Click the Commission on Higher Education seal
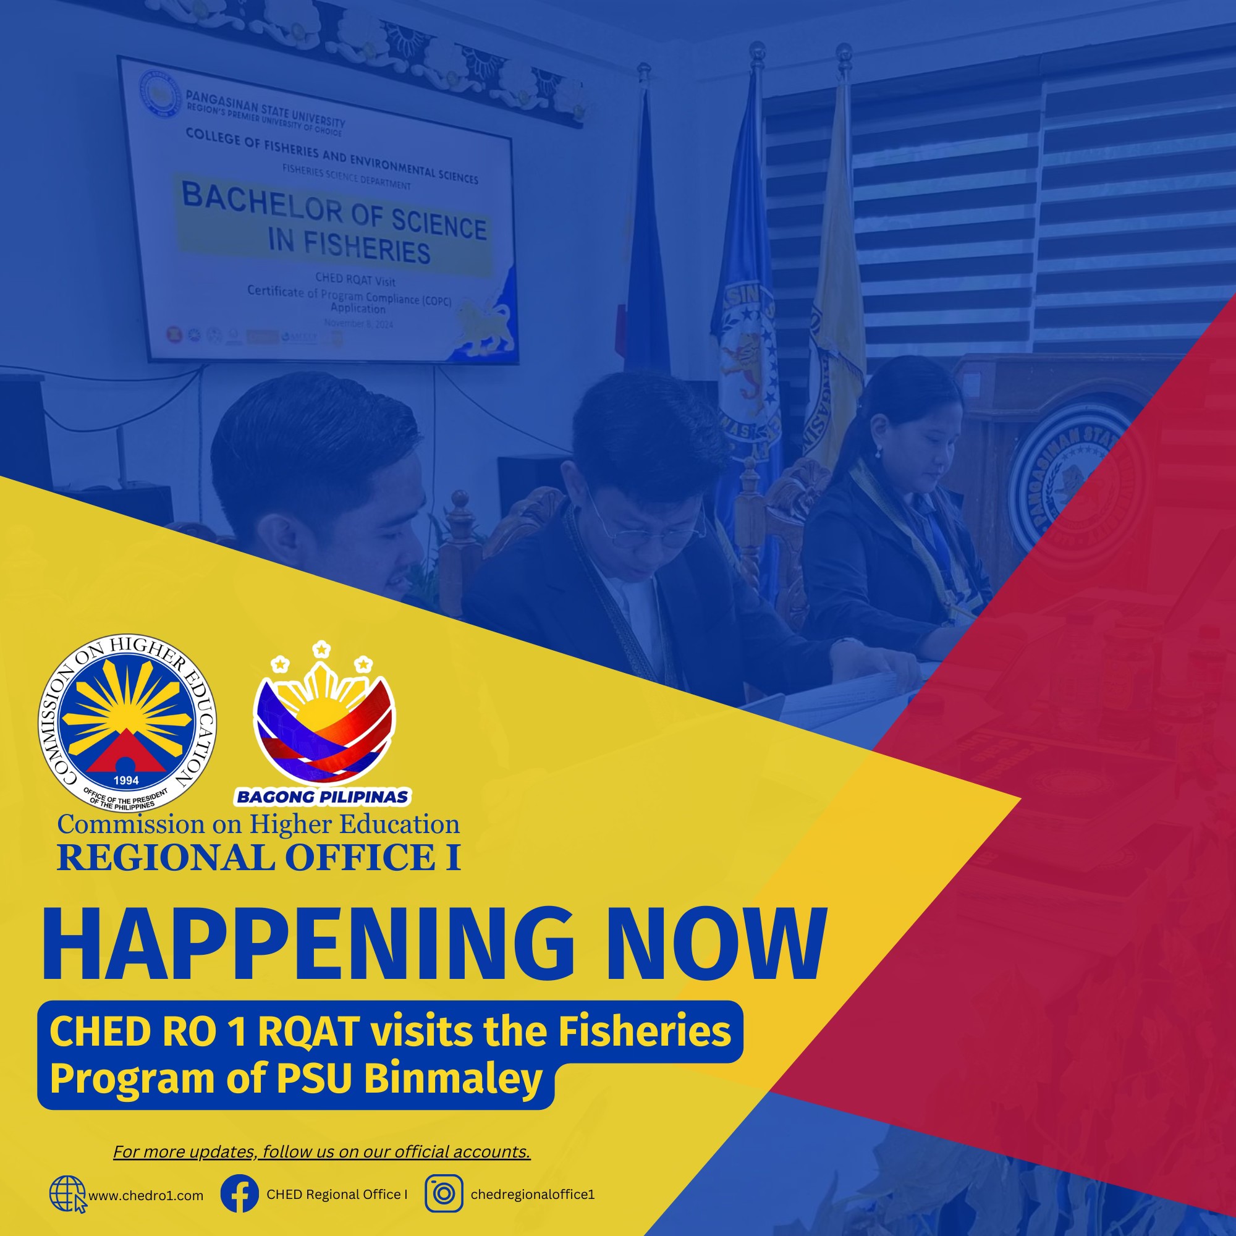point(127,724)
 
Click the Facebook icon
point(239,1194)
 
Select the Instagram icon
point(444,1194)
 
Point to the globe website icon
point(67,1194)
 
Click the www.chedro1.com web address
point(146,1196)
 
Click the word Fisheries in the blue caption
point(645,1031)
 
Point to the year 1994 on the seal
point(126,781)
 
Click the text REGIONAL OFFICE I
point(258,858)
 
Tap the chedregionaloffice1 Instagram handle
point(532,1195)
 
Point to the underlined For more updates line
point(322,1151)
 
